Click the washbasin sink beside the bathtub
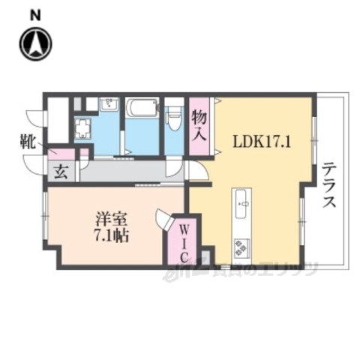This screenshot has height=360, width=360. (x=109, y=104)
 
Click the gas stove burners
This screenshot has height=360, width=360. (x=242, y=244)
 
